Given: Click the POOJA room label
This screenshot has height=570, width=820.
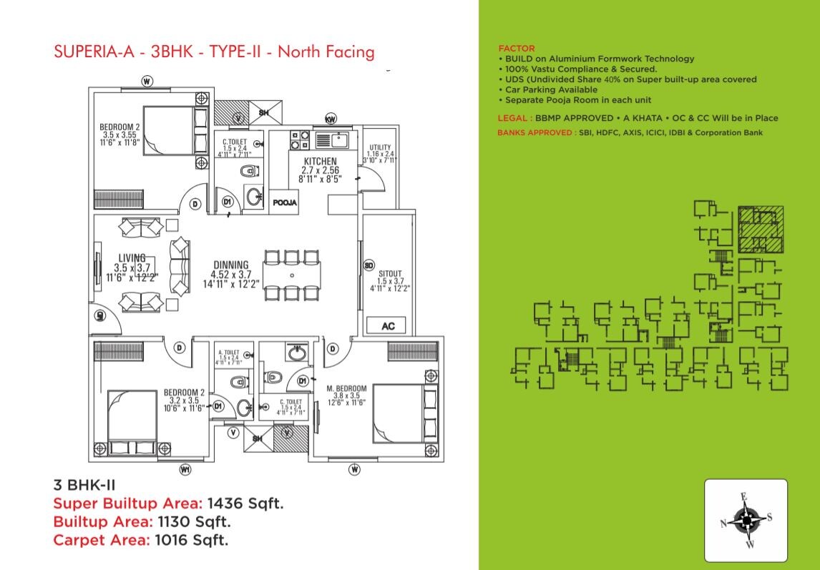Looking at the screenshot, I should [285, 203].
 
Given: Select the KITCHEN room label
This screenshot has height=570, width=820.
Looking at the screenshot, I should [320, 161].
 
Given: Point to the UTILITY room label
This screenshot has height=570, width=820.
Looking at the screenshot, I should [380, 147].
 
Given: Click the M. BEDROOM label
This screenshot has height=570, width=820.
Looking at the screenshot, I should [346, 388].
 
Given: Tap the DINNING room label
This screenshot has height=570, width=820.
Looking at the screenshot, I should [230, 265].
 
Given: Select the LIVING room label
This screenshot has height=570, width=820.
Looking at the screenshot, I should [132, 258].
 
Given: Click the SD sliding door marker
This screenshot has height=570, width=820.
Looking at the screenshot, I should [369, 266].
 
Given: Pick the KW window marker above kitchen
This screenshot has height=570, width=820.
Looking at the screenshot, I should [331, 118].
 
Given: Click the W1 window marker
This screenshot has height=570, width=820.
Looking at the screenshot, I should [185, 470].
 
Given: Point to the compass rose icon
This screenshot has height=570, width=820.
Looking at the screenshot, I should [746, 520].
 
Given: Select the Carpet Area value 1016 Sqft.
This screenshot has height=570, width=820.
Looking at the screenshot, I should [191, 540].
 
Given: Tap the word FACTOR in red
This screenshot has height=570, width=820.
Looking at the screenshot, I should [516, 49].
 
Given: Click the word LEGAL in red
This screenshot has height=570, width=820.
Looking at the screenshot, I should [513, 118].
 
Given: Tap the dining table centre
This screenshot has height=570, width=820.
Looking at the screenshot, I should [292, 275].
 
